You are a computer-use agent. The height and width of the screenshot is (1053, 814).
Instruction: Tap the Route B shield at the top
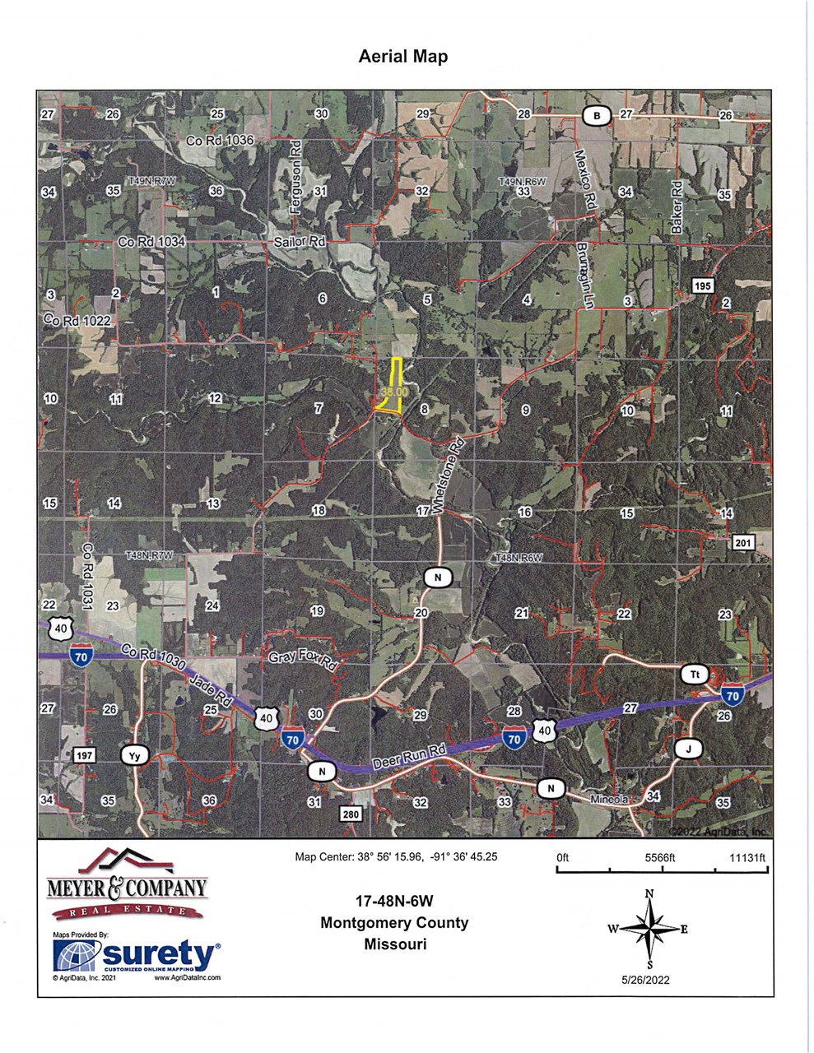pos(597,116)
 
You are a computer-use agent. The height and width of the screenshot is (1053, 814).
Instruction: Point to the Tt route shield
pos(694,675)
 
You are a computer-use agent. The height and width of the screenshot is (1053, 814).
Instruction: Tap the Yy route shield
pos(134,756)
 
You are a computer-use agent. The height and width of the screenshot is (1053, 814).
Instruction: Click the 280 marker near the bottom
pos(351,814)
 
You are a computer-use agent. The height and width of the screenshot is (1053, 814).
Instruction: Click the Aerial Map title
pos(403,57)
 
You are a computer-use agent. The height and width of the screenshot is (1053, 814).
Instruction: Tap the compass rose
pos(649,929)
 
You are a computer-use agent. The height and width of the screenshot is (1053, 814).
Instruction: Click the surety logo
pos(137,956)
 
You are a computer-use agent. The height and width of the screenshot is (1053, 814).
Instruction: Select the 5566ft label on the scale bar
pos(660,857)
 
